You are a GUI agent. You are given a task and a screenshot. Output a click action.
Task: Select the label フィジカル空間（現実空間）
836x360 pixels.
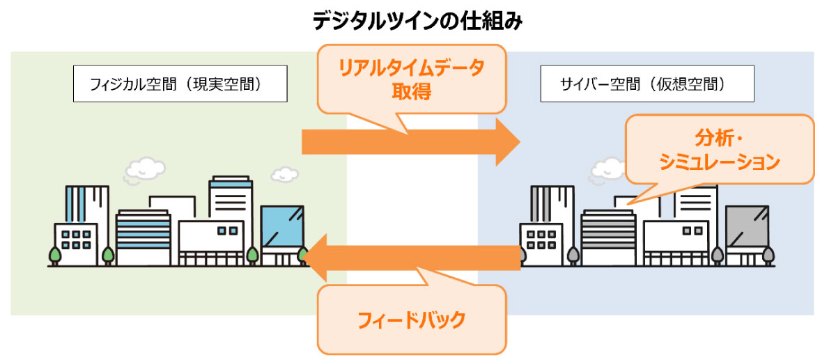click(180, 84)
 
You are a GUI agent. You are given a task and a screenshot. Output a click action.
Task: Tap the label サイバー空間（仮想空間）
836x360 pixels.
click(647, 84)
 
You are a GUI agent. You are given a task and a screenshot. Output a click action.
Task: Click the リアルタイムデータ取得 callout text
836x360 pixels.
click(411, 79)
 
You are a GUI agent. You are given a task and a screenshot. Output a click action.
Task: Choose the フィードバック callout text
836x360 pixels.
click(410, 320)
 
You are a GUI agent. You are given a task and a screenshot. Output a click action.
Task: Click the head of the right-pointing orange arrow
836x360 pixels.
click(506, 142)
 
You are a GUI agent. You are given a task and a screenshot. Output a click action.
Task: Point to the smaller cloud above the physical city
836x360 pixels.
click(284, 173)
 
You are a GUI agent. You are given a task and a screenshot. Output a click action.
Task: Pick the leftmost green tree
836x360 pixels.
click(54, 256)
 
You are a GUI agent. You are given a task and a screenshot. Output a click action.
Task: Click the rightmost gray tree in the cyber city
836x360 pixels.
click(768, 256)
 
